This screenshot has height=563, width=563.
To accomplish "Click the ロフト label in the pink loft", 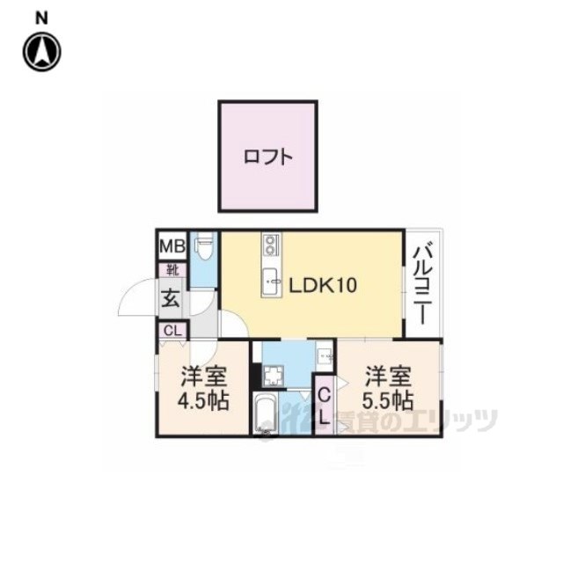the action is pos(267,157).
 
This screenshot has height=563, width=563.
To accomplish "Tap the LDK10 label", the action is pos(323,285).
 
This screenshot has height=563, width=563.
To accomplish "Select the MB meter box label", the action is pos(172,246).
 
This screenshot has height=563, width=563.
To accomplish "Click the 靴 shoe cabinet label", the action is pos(173,270).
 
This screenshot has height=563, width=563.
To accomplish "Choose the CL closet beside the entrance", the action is pos(172,331).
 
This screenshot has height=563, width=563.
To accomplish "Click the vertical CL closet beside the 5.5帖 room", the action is pos(325,406).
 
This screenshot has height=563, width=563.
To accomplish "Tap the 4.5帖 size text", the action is pos(203,400).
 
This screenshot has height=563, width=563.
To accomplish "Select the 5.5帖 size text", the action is pos(387,400).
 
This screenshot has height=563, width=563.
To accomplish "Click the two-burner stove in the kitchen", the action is pos(270,245).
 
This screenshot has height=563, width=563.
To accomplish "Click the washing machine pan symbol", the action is pos(274,376).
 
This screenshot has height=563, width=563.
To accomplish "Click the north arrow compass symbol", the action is pos(42,52).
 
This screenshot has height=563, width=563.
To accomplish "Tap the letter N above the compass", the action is pos(41,18).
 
